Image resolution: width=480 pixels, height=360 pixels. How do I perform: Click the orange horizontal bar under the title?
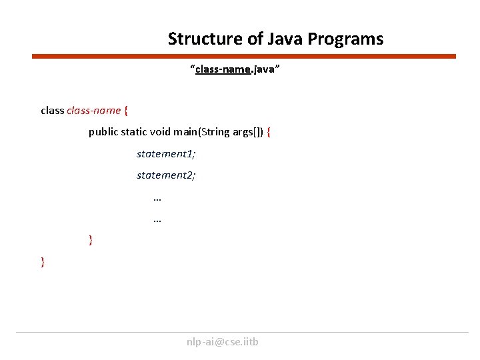tap(244, 57)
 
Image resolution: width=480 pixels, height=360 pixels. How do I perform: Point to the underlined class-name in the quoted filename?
tap(223, 69)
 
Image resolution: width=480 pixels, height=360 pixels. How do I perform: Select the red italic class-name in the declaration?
tap(94, 110)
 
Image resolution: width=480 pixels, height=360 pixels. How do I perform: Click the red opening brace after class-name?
tap(127, 110)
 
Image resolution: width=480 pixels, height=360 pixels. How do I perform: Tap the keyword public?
tap(103, 132)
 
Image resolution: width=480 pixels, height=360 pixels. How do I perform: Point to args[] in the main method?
tap(247, 132)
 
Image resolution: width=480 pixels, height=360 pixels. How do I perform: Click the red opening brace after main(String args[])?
tap(269, 132)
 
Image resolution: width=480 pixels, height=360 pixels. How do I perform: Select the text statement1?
tap(166, 154)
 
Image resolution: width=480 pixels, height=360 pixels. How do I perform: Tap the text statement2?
tap(166, 175)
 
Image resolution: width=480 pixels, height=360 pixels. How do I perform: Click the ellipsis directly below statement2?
tap(157, 197)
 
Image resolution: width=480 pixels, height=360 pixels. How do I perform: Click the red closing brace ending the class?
tap(43, 262)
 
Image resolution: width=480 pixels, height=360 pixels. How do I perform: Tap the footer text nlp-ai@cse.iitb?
tap(223, 342)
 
